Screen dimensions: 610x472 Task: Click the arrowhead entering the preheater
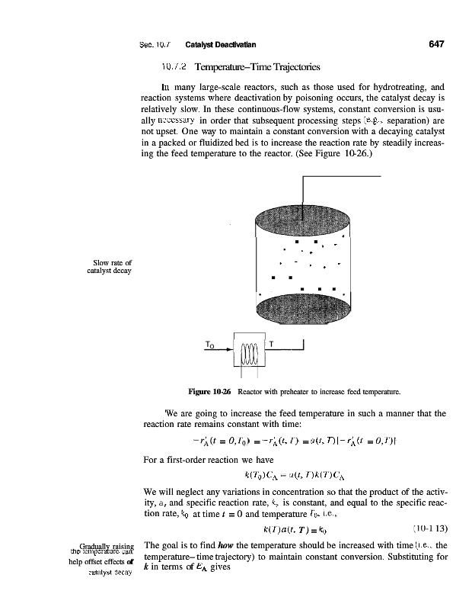point(230,352)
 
